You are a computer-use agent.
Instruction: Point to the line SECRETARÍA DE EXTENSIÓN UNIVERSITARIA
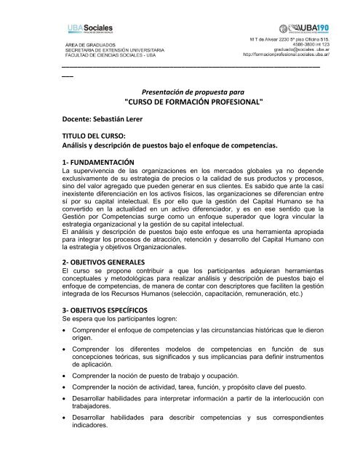pos(107,49)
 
